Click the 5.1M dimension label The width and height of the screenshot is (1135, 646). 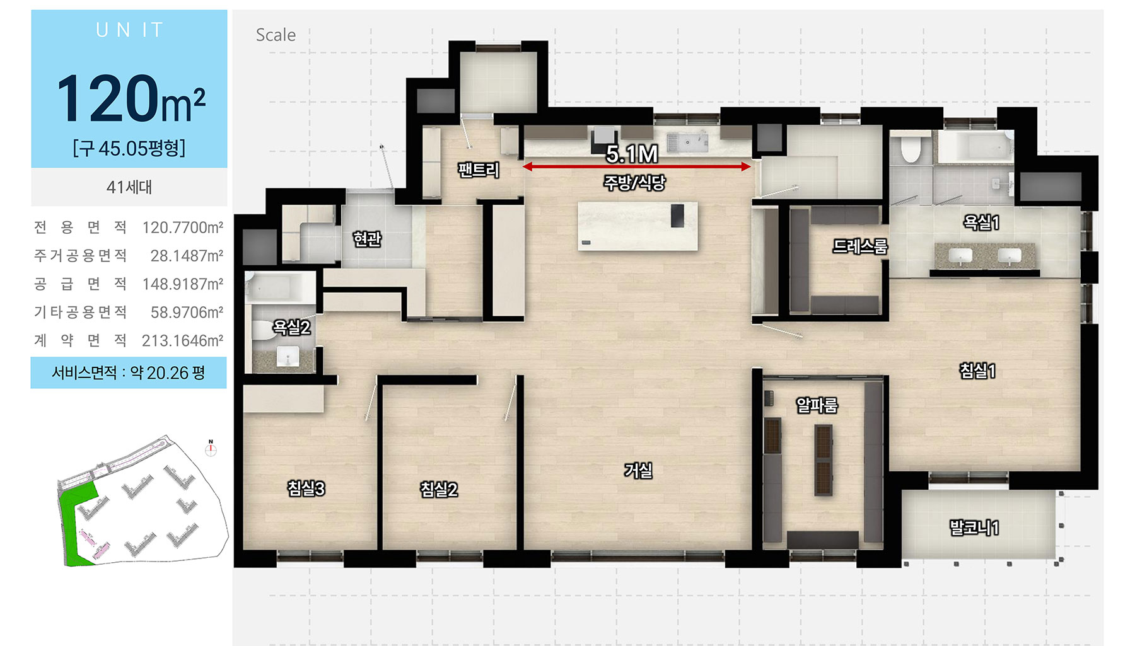coord(632,154)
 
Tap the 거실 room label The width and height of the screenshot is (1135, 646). coord(638,470)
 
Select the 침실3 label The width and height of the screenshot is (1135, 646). coord(306,488)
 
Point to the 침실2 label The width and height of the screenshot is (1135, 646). coord(439,490)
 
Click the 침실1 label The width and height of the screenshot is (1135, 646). coord(977,371)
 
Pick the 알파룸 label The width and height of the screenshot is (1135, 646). coord(817,405)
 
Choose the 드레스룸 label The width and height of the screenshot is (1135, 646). coord(860,246)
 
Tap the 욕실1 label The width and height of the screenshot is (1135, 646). coord(981,222)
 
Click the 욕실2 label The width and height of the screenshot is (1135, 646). coord(291,327)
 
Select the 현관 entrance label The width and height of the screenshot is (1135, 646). coord(367,239)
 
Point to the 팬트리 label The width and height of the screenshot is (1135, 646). coord(479,170)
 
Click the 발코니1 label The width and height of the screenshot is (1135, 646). coord(974,528)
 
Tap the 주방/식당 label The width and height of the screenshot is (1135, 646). coord(634,183)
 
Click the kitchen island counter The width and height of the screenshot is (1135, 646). coord(637,226)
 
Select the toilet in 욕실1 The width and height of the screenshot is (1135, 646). coord(910,149)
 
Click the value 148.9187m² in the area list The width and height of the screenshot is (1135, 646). coord(183,284)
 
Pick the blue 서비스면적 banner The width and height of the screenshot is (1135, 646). coord(129,372)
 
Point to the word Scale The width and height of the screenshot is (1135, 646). coord(276,35)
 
